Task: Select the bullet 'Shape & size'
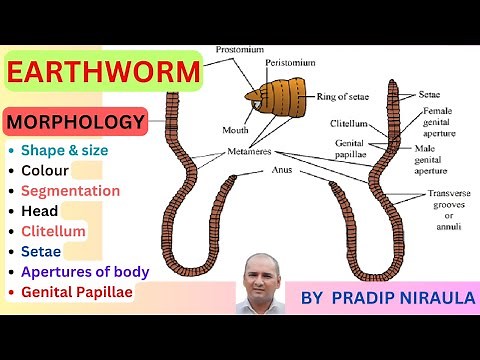[64, 150]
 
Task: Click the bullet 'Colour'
[46, 170]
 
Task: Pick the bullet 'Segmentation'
[70, 190]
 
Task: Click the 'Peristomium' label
[291, 62]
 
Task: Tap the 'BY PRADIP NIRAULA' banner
[381, 297]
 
